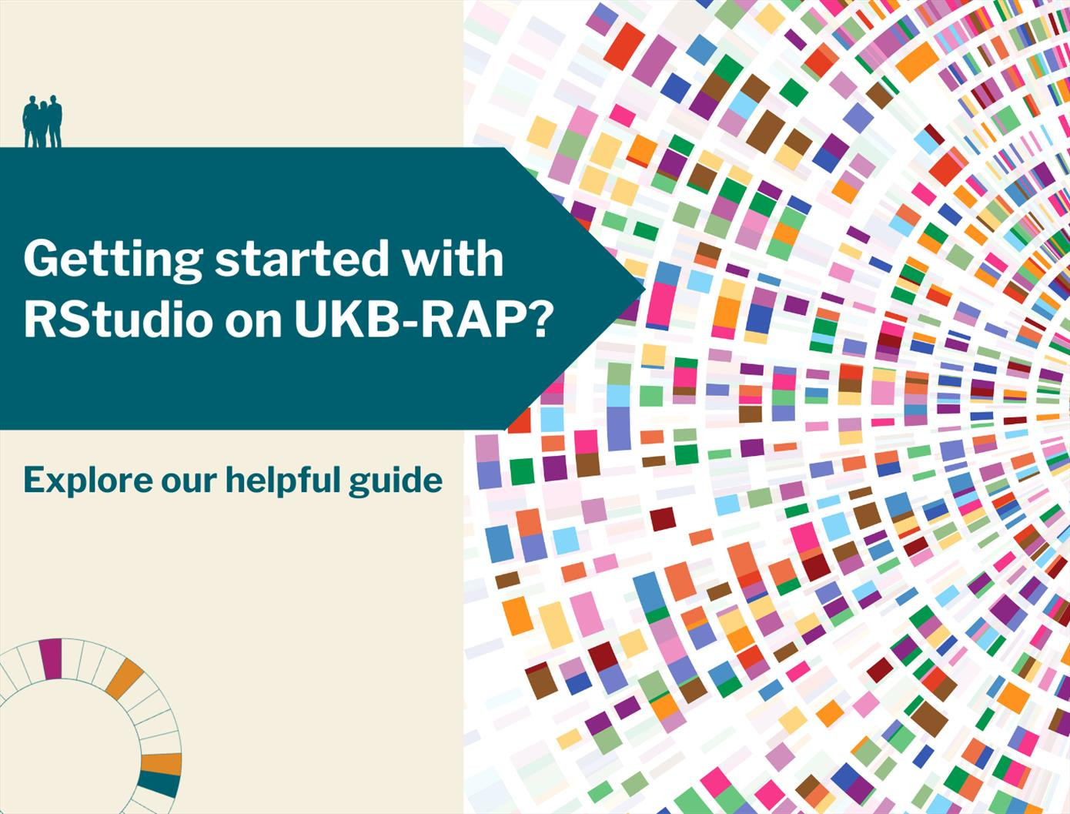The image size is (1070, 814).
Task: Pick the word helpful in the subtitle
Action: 282,481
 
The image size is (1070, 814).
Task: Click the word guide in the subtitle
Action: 396,482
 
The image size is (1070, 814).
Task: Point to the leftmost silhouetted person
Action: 31,122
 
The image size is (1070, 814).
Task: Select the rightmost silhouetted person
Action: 55,121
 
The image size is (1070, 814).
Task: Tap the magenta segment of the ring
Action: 51,658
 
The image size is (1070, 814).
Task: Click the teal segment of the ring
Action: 159,784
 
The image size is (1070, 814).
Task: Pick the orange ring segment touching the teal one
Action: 161,764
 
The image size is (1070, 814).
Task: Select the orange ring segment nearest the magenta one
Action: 124,678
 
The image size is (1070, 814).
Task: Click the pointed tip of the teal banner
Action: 644,289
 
